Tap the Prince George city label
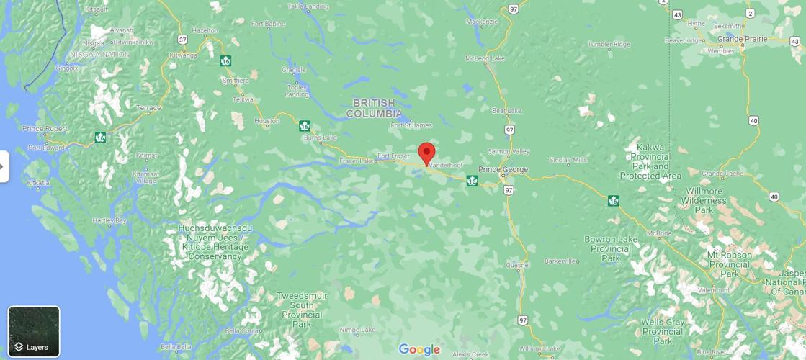pos(503,170)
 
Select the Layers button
pos(34,331)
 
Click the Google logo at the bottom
pos(419,350)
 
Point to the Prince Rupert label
pos(45,129)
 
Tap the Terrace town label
pos(149,108)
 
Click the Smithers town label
pos(236,81)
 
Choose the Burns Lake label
pos(320,138)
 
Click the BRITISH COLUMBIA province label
pos(374,109)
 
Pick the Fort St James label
pos(411,125)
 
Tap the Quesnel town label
pos(517,264)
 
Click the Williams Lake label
pos(539,348)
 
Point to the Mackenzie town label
pos(482,22)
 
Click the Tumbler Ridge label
pos(609,44)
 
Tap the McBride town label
pos(658,233)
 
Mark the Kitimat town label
pos(146,156)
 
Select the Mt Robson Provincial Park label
pos(729,264)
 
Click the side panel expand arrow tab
pos(4,166)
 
